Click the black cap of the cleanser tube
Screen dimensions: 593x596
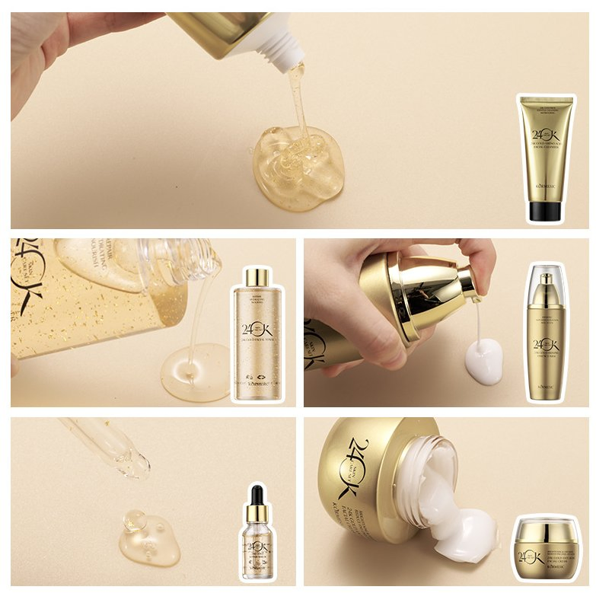click(544, 211)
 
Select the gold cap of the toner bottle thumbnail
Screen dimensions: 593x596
click(257, 277)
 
